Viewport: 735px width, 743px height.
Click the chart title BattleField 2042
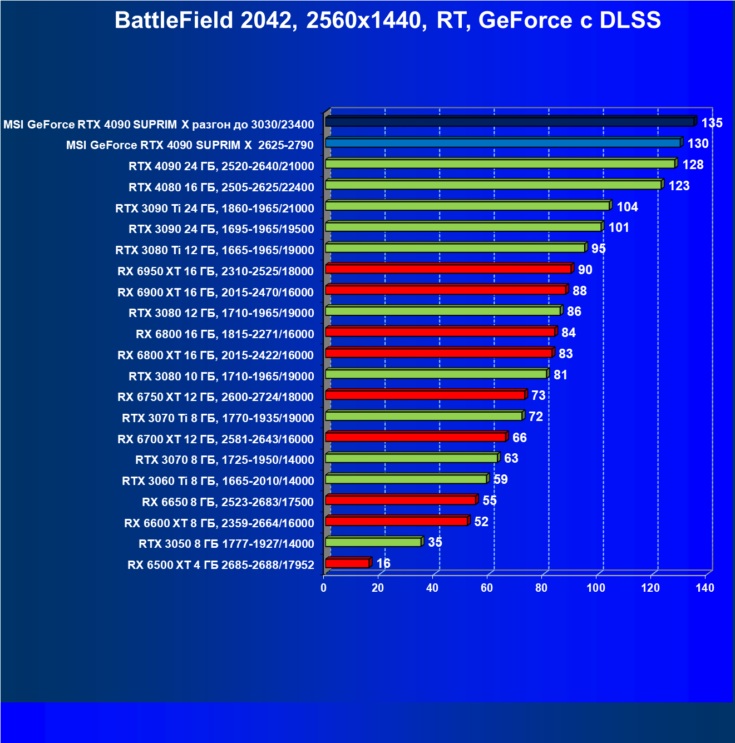387,21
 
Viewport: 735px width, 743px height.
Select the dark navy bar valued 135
509,122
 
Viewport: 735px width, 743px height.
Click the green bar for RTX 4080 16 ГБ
493,185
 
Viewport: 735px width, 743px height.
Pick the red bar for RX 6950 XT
448,269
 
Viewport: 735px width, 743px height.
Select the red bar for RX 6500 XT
347,563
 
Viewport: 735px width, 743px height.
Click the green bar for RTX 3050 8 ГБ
373,542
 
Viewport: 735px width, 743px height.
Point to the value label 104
627,207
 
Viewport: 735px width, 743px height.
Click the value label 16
383,563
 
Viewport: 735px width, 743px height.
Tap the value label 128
693,165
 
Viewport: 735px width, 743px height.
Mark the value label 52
481,522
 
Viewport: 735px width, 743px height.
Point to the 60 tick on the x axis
487,588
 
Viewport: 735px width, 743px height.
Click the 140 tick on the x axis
705,588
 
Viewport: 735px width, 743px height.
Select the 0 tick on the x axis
324,588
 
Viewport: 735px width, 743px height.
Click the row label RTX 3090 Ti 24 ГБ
215,209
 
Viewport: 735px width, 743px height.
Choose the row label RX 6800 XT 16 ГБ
216,355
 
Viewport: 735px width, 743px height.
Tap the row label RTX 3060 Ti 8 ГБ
218,481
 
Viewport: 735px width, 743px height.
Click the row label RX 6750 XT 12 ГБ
216,397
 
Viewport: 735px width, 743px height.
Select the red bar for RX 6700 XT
415,437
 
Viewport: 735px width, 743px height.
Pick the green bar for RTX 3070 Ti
423,416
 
